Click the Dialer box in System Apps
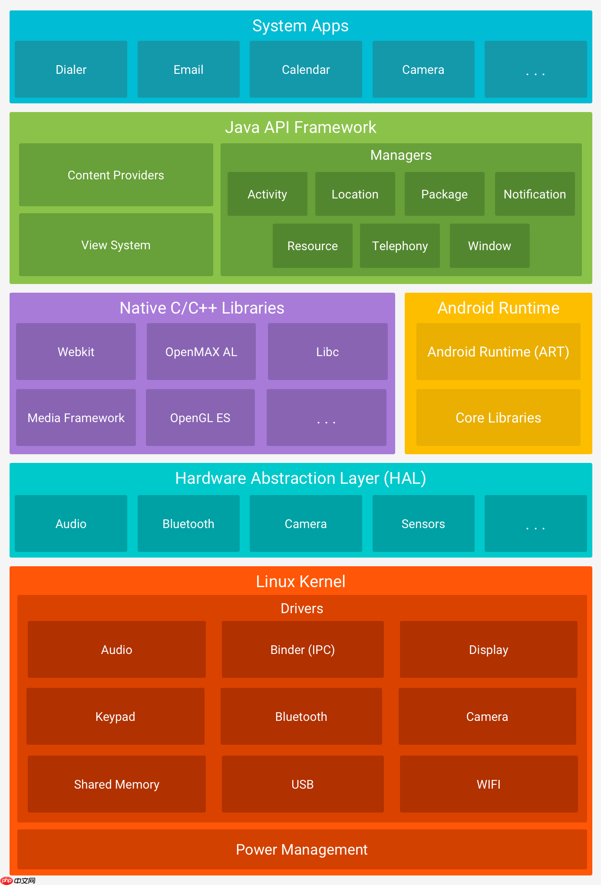point(71,69)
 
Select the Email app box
point(188,69)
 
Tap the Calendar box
point(306,69)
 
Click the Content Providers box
point(116,175)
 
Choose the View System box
point(116,245)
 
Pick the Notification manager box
point(535,194)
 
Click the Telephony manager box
point(400,246)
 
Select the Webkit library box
point(76,352)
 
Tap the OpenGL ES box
point(200,418)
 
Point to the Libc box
point(327,352)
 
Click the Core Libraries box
point(498,418)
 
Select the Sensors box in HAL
point(423,524)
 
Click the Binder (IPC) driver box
point(303,650)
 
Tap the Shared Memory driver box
point(116,784)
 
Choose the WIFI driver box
point(489,784)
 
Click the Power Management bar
point(302,849)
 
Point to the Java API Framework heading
point(300,127)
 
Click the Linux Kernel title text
point(300,581)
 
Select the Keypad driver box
point(115,717)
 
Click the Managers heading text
point(401,155)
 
